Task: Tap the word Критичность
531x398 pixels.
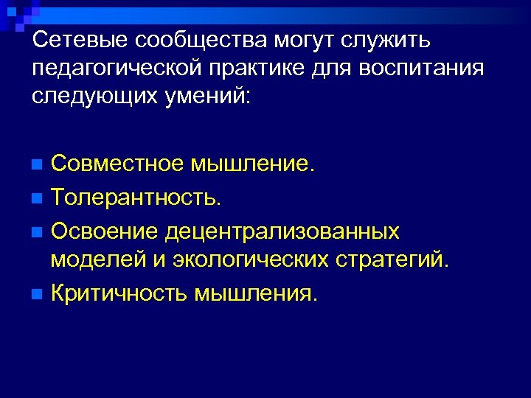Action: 119,293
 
